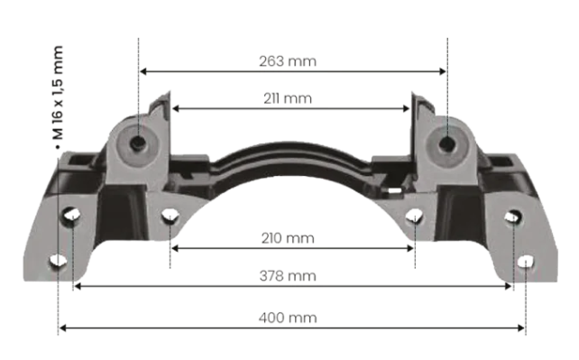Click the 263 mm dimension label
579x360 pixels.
click(x=292, y=61)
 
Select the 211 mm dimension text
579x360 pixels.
click(x=291, y=97)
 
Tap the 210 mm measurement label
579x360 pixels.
click(x=291, y=237)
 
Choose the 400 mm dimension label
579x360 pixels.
click(x=291, y=318)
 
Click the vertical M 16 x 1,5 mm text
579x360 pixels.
click(x=58, y=90)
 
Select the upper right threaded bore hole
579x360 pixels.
click(x=446, y=141)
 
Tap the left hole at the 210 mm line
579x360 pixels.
click(x=170, y=216)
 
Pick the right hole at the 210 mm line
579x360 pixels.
click(x=414, y=217)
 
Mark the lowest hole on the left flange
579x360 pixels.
click(x=58, y=262)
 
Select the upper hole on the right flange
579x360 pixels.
click(x=512, y=217)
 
